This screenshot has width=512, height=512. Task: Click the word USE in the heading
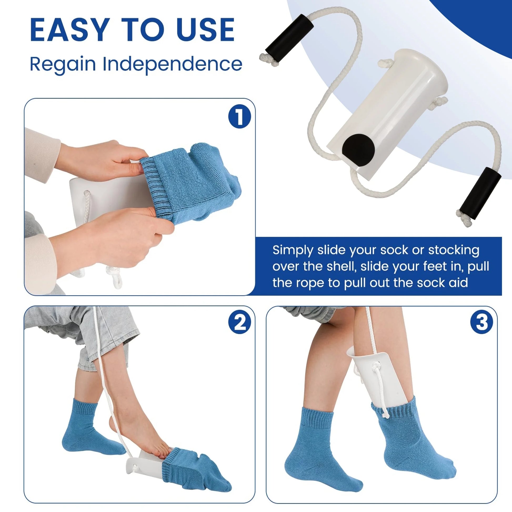point(206,30)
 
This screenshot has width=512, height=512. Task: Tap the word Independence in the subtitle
point(172,64)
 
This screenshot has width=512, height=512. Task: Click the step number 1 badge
point(240,117)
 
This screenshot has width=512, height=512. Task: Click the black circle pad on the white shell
point(358,150)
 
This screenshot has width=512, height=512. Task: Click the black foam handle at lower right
point(481,192)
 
